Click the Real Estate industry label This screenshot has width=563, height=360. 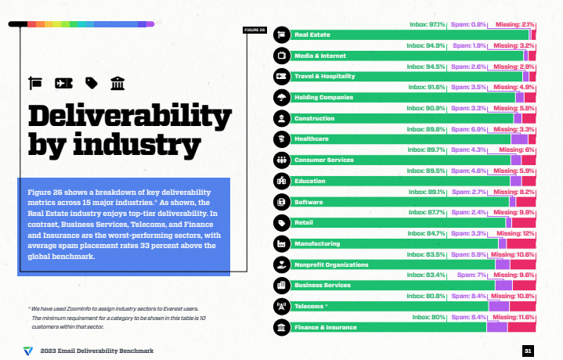(x=311, y=35)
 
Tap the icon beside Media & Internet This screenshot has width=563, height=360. (x=280, y=56)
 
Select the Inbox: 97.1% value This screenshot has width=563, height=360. (x=428, y=25)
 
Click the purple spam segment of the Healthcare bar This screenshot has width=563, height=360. (x=518, y=139)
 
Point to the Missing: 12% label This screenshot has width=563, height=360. (x=517, y=233)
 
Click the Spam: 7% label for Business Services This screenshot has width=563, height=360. (x=469, y=275)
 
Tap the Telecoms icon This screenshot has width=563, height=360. (x=280, y=306)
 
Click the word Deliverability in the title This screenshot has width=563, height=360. (x=119, y=116)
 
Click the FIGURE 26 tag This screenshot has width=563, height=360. (x=254, y=31)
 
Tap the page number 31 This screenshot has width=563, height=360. (x=529, y=351)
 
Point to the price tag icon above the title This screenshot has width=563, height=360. (x=91, y=82)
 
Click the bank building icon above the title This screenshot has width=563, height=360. (x=116, y=82)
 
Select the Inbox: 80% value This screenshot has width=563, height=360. (x=427, y=317)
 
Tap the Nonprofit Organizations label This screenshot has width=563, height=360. (x=331, y=265)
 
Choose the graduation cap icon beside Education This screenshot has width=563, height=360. (x=280, y=181)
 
